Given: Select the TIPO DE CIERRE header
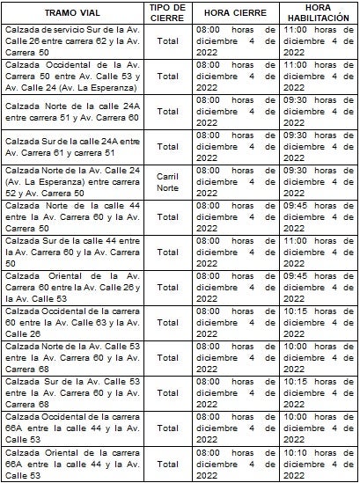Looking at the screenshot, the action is pyautogui.click(x=166, y=13).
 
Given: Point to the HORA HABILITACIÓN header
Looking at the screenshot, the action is pyautogui.click(x=319, y=13).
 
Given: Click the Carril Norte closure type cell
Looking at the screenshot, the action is pyautogui.click(x=166, y=180).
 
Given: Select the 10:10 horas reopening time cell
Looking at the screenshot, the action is pyautogui.click(x=319, y=462).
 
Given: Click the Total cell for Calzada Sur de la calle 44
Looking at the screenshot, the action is pyautogui.click(x=166, y=252).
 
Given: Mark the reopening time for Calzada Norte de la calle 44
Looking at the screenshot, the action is pyautogui.click(x=319, y=216).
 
